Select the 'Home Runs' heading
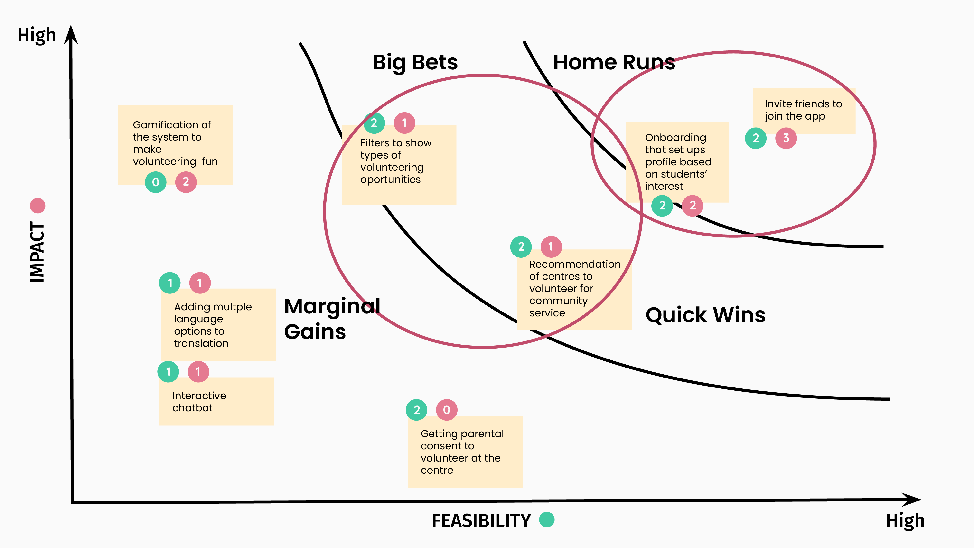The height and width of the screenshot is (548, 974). point(613,62)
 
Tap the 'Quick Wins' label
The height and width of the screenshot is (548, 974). point(705,315)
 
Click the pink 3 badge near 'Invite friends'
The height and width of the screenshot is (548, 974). point(786,138)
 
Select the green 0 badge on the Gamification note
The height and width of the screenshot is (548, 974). point(155,182)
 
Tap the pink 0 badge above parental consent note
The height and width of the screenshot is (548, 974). point(447,410)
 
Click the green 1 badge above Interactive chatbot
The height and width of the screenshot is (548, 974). point(168,372)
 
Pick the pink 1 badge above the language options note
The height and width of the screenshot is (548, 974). point(200,283)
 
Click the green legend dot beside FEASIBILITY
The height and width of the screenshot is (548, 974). point(546,520)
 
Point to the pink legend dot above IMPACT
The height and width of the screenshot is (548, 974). point(37,206)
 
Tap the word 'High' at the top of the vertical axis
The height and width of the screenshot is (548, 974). point(37,35)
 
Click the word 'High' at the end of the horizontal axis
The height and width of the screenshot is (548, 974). point(905,521)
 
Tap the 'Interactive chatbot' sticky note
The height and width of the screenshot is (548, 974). point(217,402)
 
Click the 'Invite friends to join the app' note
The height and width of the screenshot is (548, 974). point(804,110)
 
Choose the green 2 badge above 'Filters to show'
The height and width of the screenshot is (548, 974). point(374,123)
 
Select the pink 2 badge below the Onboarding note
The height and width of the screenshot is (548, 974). point(692,206)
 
